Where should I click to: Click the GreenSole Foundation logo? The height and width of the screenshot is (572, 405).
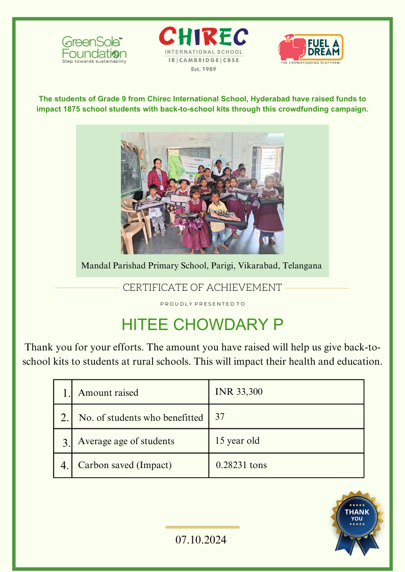coord(94,49)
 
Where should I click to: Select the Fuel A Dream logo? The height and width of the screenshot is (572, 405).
coord(311,48)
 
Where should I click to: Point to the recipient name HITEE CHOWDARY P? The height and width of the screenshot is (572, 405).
coord(202,325)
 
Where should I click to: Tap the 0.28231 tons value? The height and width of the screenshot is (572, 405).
coord(241,465)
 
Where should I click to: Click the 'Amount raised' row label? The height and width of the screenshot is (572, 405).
coord(108,393)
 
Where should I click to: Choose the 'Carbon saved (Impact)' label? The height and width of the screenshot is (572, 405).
coord(125,465)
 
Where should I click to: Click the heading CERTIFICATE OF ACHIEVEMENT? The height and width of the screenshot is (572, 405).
coord(202,288)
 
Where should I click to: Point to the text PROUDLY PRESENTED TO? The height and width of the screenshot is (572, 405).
coord(202,304)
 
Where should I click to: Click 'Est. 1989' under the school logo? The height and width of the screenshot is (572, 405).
coord(204,69)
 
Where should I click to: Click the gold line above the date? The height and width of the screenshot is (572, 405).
coord(202,527)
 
